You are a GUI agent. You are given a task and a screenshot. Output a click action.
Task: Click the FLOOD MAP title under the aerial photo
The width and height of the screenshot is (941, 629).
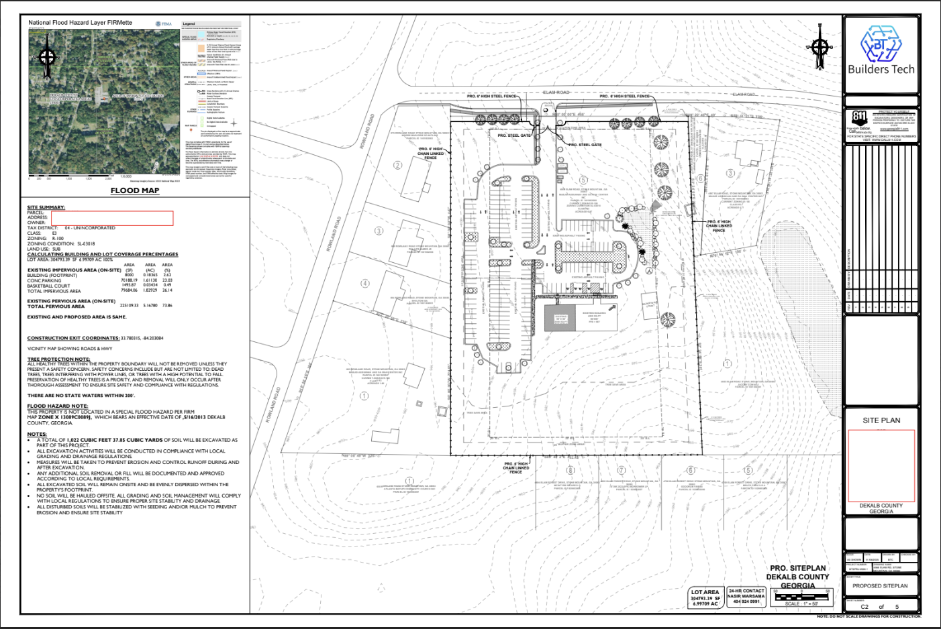point(135,190)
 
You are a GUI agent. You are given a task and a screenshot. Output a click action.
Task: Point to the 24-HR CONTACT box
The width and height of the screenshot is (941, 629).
point(746,596)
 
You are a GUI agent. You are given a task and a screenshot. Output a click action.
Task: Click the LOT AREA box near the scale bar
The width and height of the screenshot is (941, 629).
point(705,597)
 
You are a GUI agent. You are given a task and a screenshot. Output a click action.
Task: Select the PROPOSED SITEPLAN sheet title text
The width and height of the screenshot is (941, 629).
point(880,585)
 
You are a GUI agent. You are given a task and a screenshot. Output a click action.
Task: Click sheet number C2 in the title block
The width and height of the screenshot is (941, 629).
point(865,606)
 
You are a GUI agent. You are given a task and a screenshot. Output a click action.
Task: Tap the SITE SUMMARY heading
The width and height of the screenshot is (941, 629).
point(46,207)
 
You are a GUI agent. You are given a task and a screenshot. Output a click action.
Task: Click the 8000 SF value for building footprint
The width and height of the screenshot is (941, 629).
point(129,275)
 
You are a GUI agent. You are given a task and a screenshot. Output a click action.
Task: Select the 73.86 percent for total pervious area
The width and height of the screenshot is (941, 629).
point(167,306)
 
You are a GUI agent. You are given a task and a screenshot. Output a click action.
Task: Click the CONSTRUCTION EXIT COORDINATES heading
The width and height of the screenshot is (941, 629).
point(73,338)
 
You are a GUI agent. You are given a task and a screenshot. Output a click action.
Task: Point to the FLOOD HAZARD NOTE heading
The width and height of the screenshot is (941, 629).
point(57,406)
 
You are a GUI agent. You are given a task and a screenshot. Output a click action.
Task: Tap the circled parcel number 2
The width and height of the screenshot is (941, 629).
point(398,165)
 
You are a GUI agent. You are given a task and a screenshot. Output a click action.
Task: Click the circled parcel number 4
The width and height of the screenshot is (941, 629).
point(365,283)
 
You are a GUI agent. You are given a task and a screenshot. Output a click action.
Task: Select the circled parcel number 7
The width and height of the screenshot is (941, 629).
point(621,470)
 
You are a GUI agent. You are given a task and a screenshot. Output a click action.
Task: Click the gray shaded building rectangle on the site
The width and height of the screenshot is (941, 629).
point(560,319)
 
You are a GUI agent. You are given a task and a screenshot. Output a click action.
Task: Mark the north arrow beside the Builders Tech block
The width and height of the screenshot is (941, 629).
point(820,47)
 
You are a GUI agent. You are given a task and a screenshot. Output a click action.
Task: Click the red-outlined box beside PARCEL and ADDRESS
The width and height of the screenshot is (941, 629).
point(112,218)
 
